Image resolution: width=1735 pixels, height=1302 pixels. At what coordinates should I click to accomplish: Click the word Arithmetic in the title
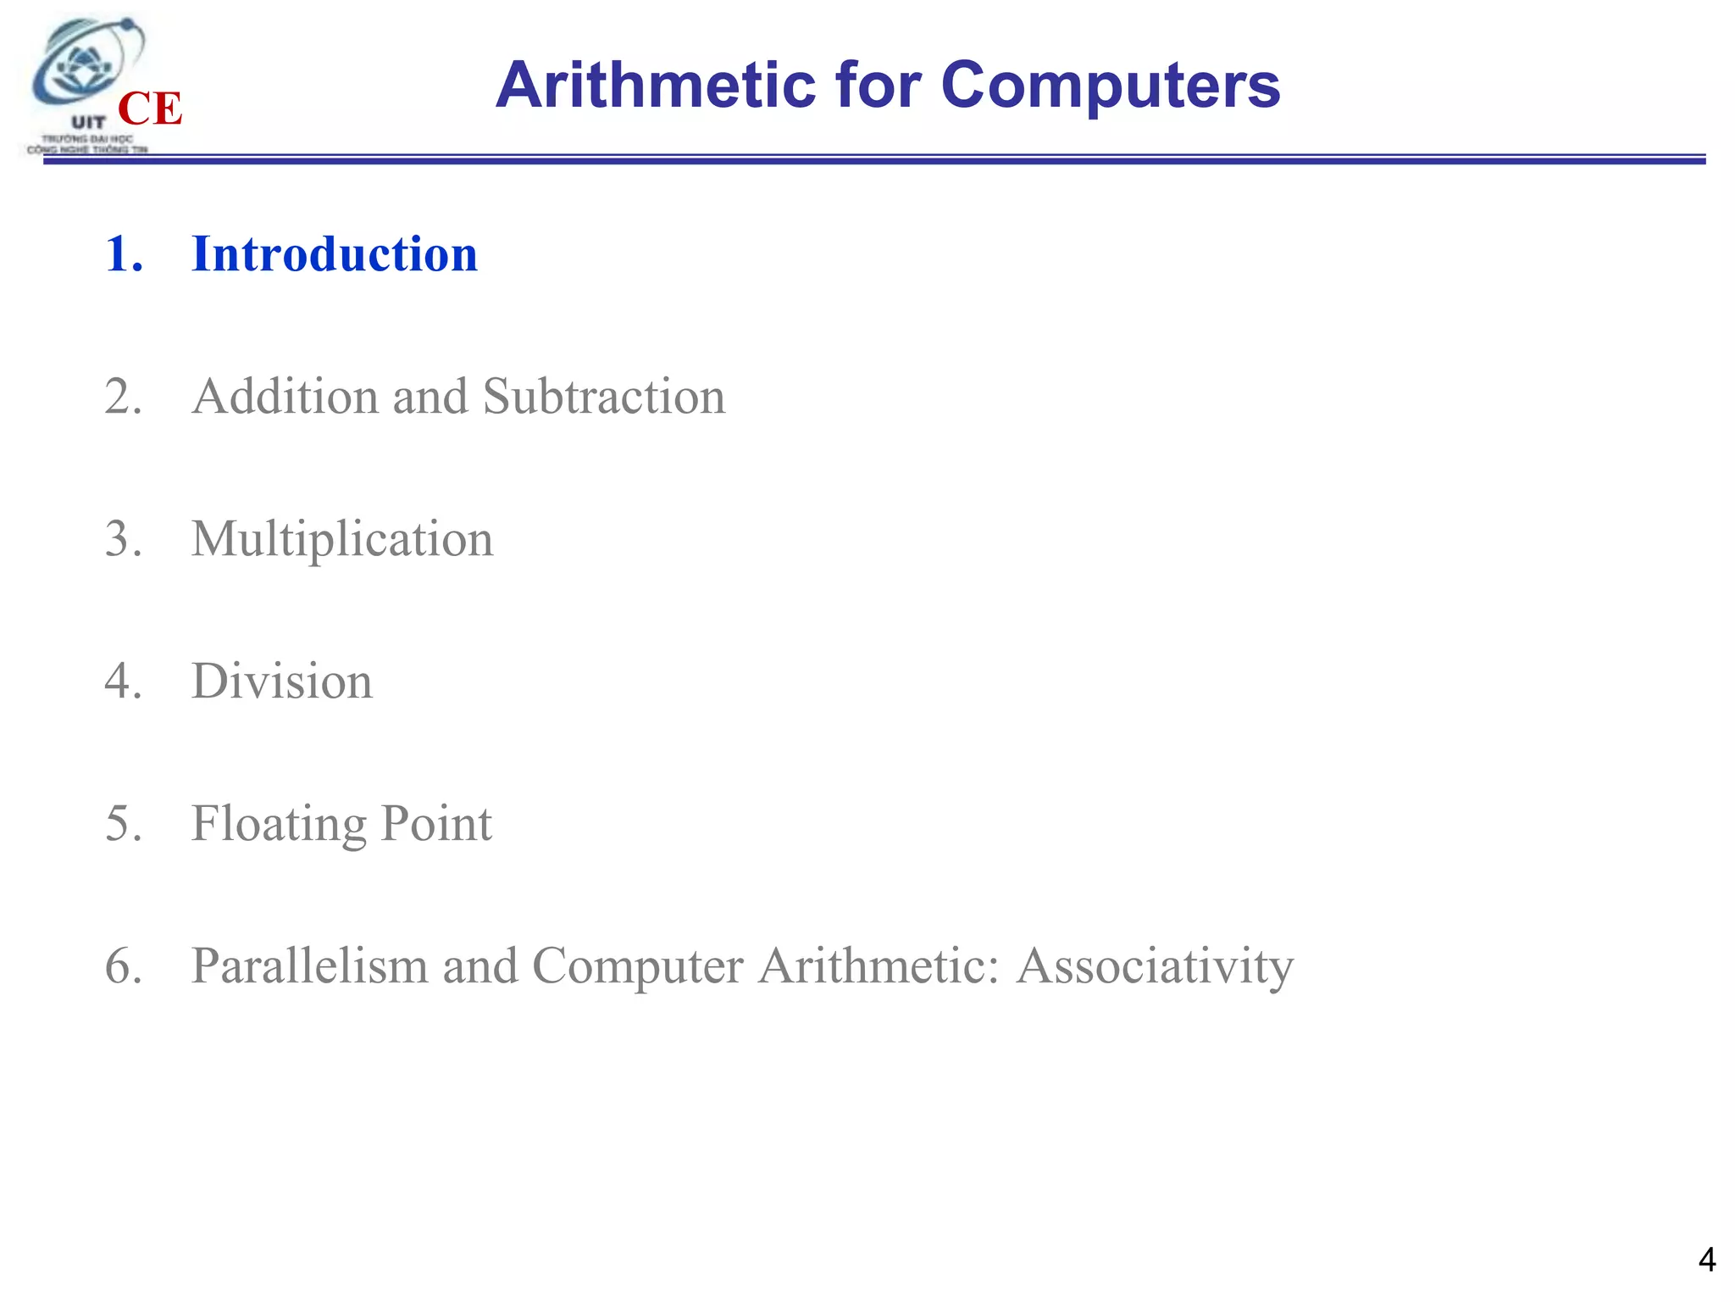point(656,86)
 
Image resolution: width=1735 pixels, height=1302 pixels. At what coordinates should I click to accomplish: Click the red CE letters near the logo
point(150,108)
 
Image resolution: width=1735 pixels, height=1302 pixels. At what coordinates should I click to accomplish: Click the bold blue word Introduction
point(335,254)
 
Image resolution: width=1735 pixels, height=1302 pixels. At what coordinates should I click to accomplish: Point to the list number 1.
point(123,254)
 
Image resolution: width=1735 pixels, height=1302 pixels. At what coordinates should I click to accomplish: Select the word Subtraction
point(603,397)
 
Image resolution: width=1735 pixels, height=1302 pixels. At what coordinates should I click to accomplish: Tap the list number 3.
point(123,539)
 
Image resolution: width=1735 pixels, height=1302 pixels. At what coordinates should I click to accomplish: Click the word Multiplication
point(341,539)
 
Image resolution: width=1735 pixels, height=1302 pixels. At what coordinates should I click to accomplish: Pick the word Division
point(281,682)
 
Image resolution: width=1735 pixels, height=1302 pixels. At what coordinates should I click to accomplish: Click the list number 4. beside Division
point(123,682)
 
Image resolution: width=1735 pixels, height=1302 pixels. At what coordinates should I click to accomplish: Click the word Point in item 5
point(435,824)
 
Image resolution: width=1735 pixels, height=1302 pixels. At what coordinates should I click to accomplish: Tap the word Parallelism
point(309,966)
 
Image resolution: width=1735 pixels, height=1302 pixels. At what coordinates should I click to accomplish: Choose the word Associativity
point(1155,966)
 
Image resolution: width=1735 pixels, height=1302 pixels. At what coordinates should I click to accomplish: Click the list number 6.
point(123,966)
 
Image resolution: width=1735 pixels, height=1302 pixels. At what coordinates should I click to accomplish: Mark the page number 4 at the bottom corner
point(1706,1260)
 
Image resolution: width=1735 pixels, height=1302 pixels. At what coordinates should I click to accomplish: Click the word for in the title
point(878,86)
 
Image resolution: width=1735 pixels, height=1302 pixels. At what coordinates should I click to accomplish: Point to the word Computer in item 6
point(637,966)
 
